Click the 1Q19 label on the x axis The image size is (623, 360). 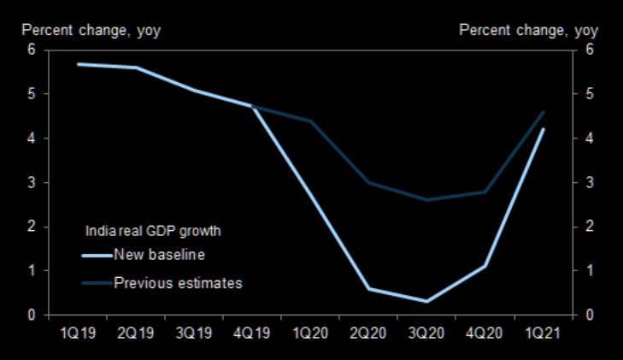pos(79,331)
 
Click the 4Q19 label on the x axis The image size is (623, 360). pos(253,331)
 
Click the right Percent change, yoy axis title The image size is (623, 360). pos(529,31)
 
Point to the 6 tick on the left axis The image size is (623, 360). pos(32,50)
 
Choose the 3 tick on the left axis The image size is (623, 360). pos(32,182)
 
